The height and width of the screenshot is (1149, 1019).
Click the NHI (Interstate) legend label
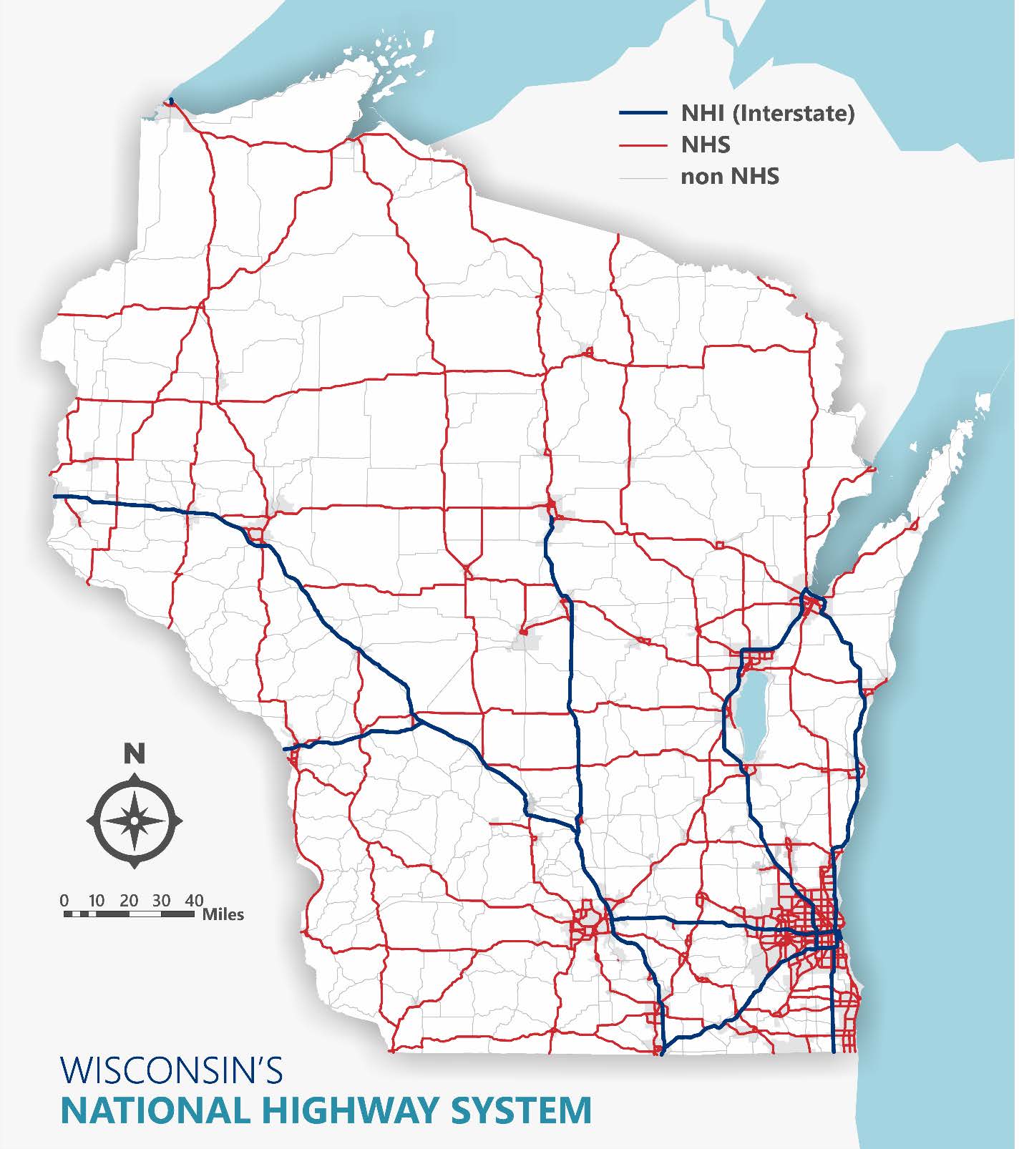pos(767,113)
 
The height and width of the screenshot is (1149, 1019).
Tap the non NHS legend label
pos(729,176)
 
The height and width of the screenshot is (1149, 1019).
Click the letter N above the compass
pos(135,753)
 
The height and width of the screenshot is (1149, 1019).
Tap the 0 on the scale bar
pos(64,900)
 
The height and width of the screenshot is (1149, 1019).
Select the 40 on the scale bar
pos(194,900)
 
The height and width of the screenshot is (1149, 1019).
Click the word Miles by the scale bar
pos(223,914)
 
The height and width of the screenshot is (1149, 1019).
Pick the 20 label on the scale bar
pos(129,900)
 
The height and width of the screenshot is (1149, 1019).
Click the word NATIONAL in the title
pos(155,1110)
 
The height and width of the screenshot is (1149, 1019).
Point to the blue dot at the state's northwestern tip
pos(171,100)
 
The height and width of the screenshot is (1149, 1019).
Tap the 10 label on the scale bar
pos(97,900)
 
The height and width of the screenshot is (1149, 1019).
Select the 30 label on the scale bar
pos(162,900)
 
